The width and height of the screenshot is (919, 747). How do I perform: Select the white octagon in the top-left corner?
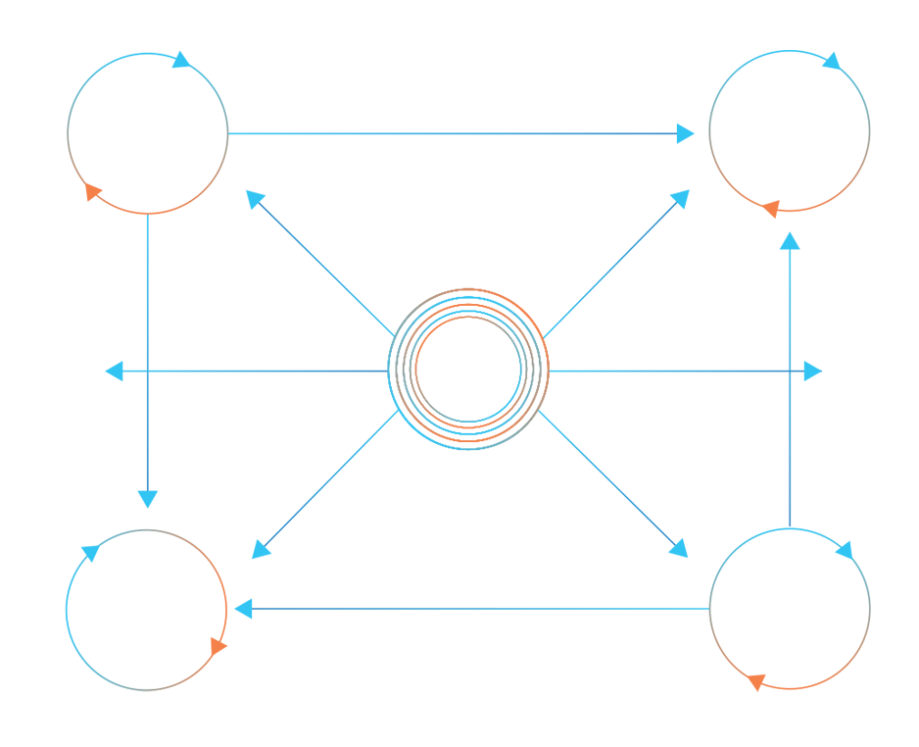tap(147, 126)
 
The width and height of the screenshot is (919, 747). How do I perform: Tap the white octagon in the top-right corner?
tap(790, 126)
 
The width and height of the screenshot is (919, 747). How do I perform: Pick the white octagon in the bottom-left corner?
tap(147, 604)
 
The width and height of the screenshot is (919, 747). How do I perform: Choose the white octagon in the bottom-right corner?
tap(790, 604)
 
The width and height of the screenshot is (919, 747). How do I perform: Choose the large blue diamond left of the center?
tap(265, 372)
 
